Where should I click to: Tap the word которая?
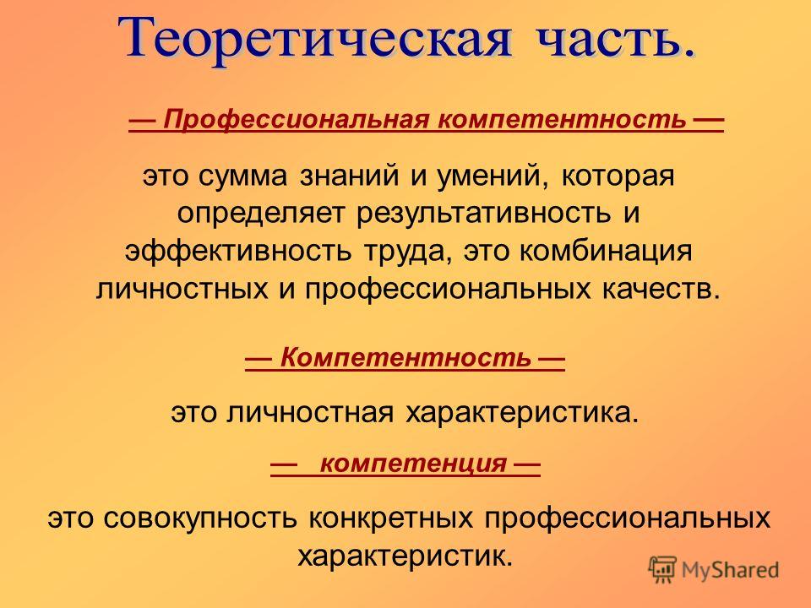tap(618, 176)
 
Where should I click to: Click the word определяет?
tap(261, 214)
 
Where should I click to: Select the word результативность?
tap(483, 214)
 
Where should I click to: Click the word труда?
tap(408, 252)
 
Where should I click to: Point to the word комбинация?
tap(605, 252)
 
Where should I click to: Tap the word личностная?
tap(310, 414)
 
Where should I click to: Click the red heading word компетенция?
tap(414, 464)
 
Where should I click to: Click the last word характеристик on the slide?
tap(405, 556)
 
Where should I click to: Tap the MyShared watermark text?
tap(730, 570)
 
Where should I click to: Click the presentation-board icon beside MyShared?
tap(662, 570)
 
